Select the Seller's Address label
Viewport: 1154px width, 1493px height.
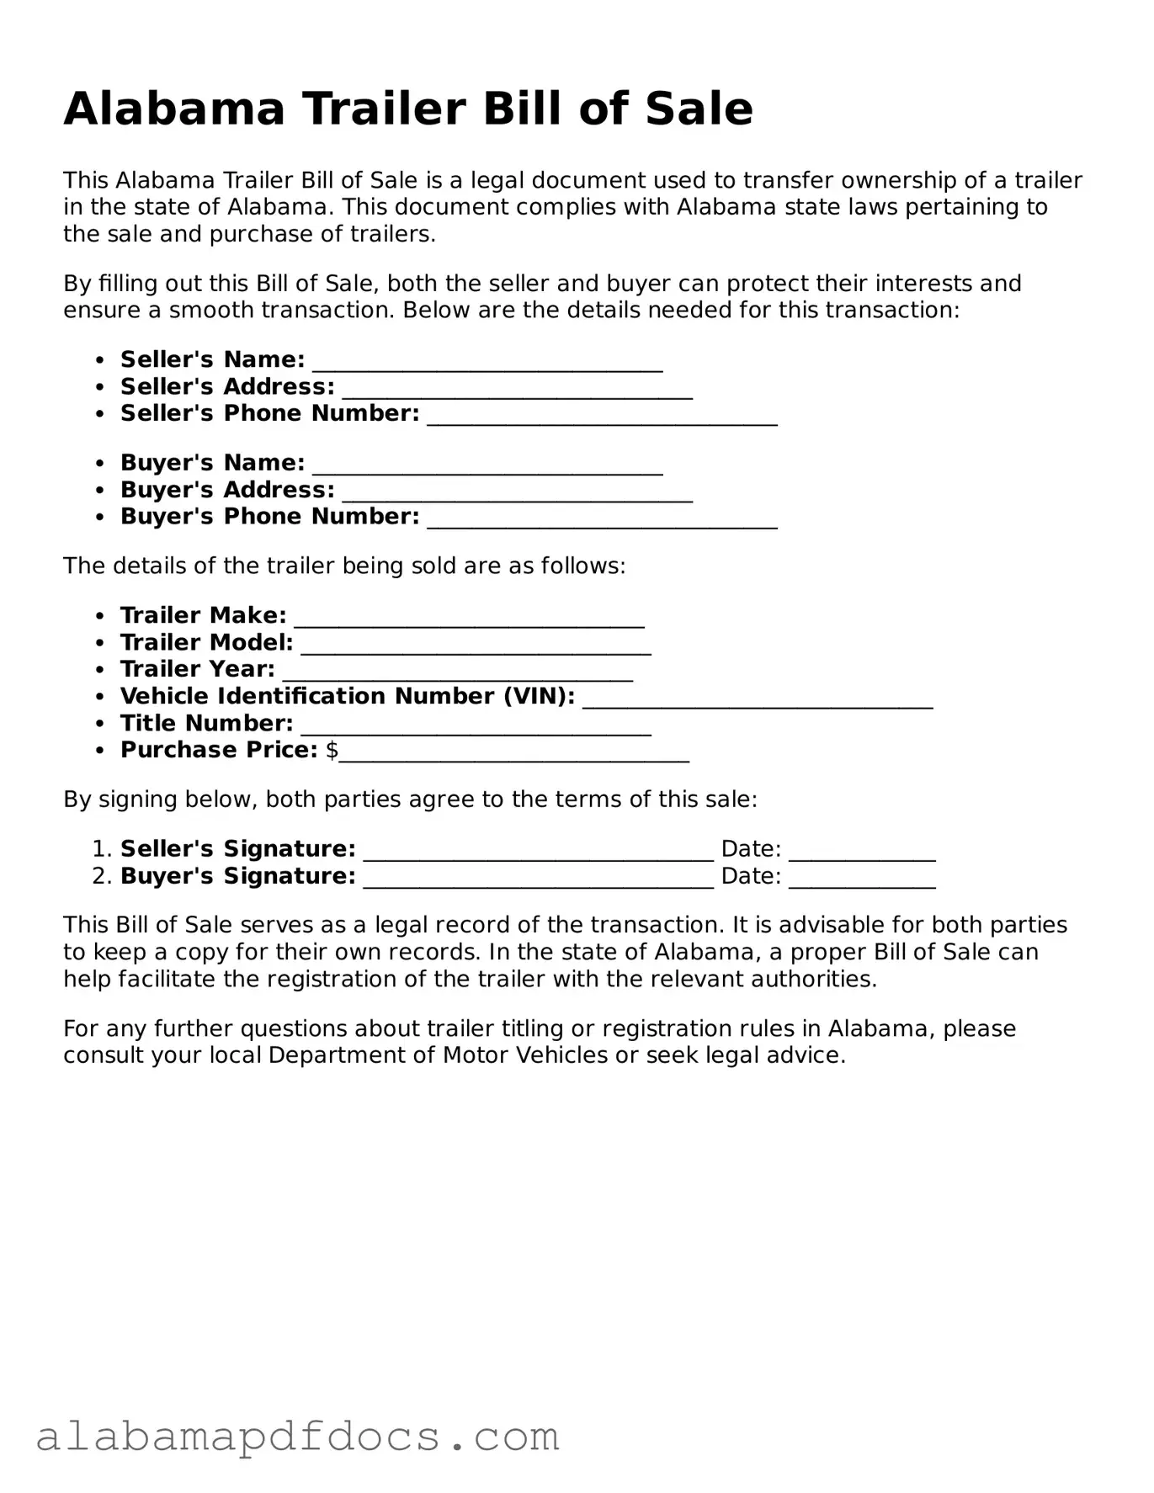tap(227, 387)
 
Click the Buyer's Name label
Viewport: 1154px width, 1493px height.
tap(212, 463)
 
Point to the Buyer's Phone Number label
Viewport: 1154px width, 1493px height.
tap(269, 517)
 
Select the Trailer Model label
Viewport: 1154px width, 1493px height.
tap(206, 643)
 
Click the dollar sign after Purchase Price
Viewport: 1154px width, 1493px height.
tap(332, 750)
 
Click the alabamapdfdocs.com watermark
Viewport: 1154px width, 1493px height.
tap(298, 1436)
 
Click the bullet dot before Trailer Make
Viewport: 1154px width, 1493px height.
tap(100, 617)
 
